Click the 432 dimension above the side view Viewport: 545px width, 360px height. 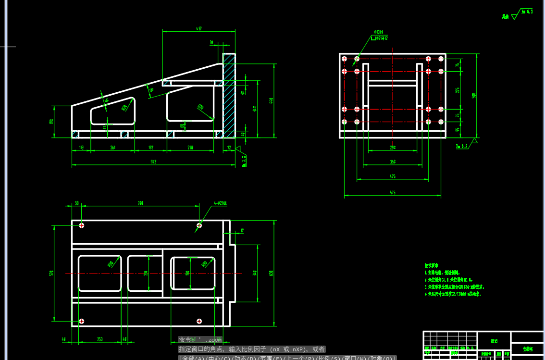pyautogui.click(x=199, y=29)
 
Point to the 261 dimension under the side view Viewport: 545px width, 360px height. pyautogui.click(x=113, y=148)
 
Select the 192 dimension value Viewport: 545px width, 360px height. pyautogui.click(x=150, y=148)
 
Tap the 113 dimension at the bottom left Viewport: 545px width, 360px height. pyautogui.click(x=81, y=148)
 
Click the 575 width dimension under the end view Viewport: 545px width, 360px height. pyautogui.click(x=393, y=193)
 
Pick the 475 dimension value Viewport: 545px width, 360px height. pyautogui.click(x=393, y=177)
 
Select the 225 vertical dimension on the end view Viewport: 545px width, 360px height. pyautogui.click(x=458, y=90)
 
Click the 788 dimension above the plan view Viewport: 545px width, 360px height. pyautogui.click(x=140, y=203)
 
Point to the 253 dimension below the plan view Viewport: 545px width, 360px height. pyautogui.click(x=100, y=339)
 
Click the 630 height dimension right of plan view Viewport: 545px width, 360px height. pyautogui.click(x=271, y=273)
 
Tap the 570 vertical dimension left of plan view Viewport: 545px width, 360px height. pyautogui.click(x=51, y=273)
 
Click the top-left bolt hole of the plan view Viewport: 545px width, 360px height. pyautogui.click(x=82, y=225)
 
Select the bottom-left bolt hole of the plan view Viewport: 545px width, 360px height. pyautogui.click(x=82, y=321)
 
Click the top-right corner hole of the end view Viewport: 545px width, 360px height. pyautogui.click(x=441, y=59)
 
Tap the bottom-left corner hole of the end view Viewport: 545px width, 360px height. pyautogui.click(x=344, y=122)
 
